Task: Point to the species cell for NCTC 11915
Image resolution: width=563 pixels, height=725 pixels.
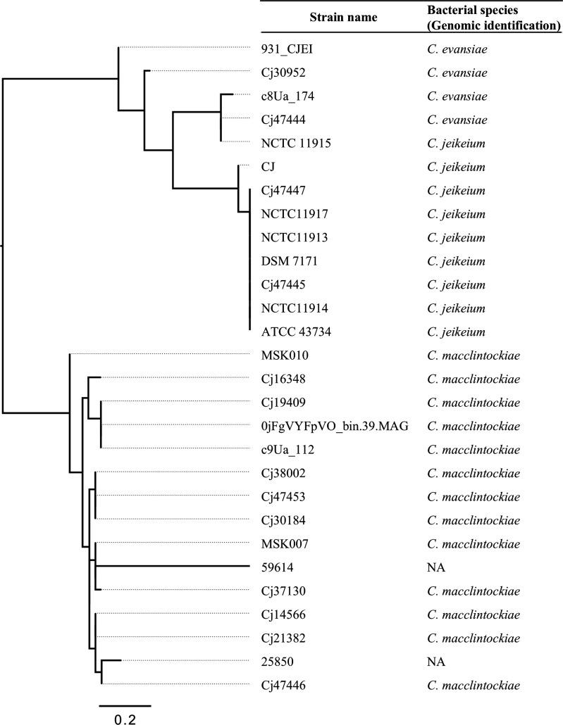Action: coord(456,144)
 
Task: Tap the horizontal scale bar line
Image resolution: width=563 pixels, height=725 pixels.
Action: coord(125,704)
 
